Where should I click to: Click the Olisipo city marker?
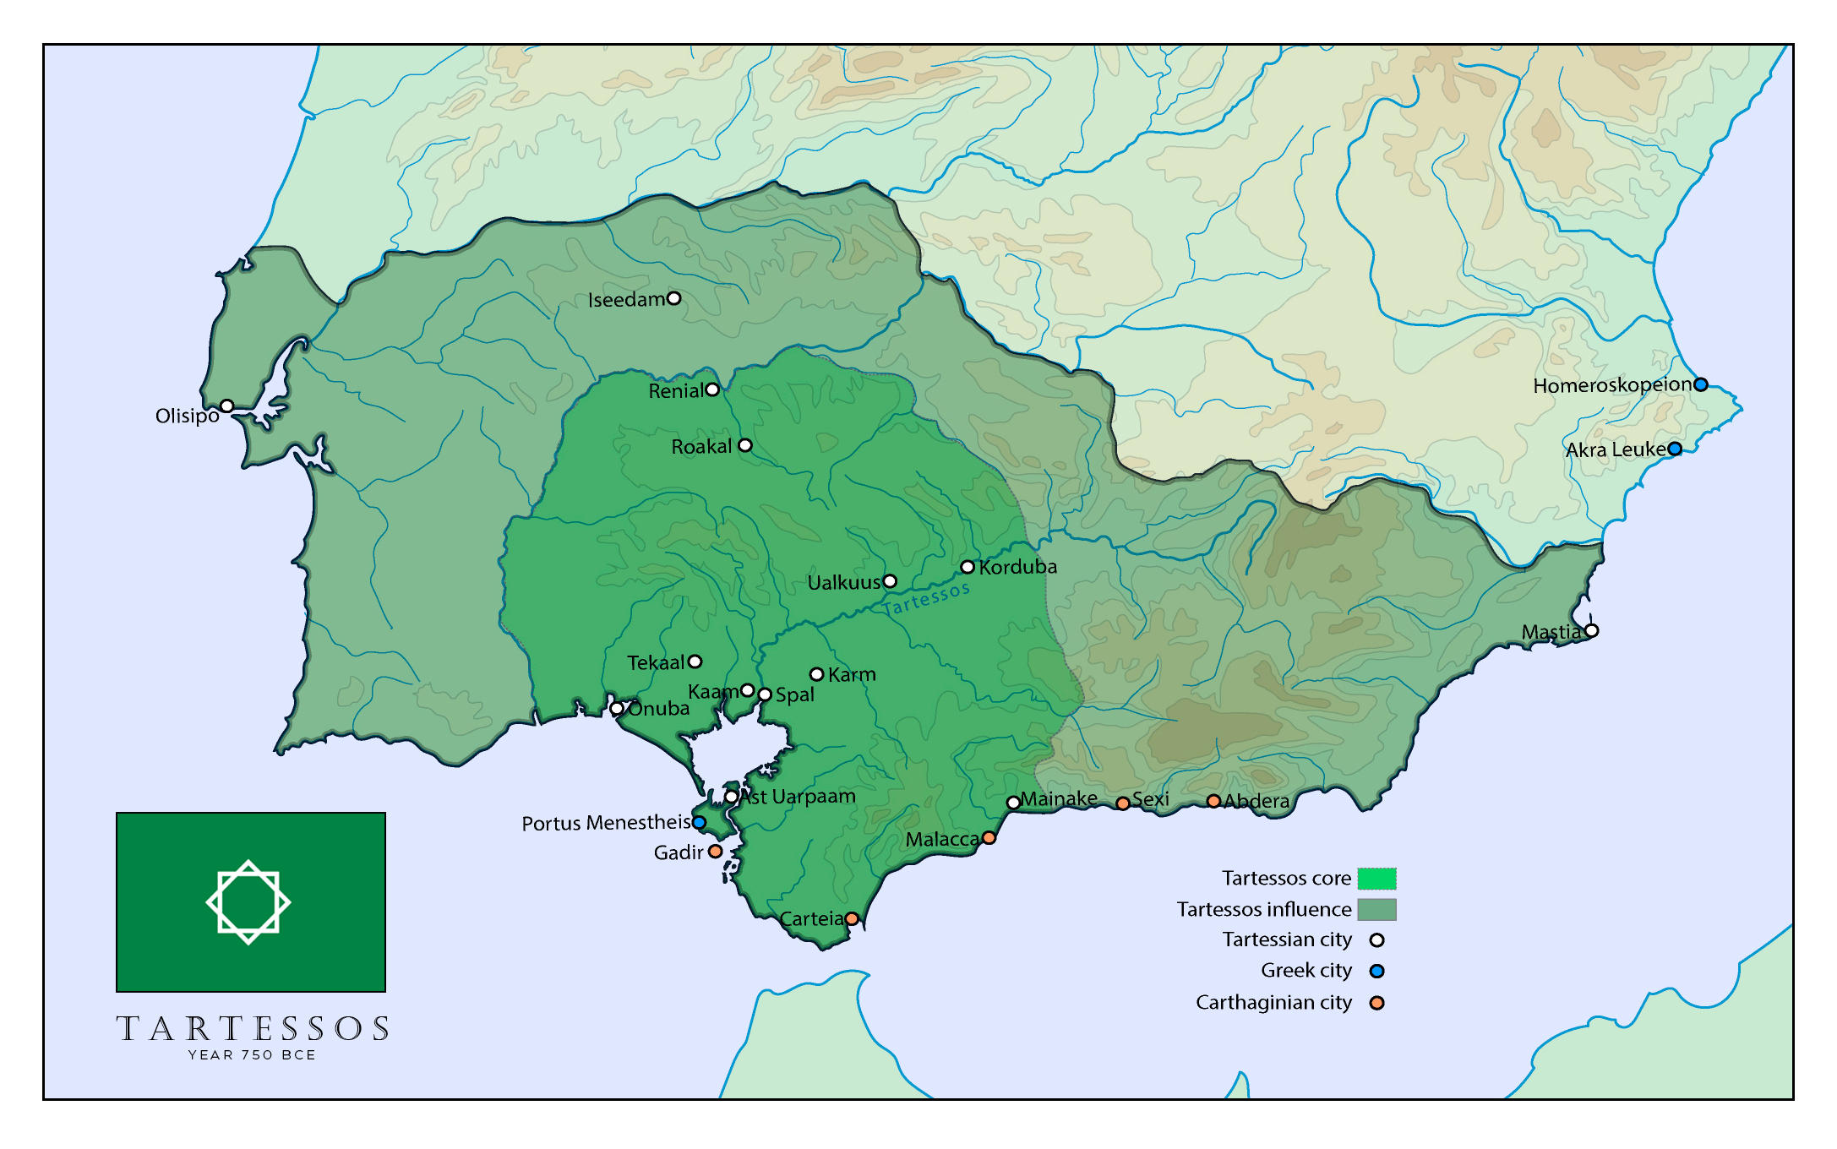(x=226, y=406)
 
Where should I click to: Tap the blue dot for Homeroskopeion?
(x=1701, y=384)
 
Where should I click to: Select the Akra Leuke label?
(x=1615, y=449)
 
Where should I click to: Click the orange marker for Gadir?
(x=715, y=851)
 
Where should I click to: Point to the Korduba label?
(x=1017, y=567)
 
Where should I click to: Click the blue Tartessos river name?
(x=926, y=598)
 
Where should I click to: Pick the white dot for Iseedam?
(x=673, y=298)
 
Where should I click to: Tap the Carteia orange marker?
(x=852, y=918)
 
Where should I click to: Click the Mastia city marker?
(x=1591, y=630)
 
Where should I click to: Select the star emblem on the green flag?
(x=248, y=902)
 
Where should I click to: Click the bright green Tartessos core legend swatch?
(x=1376, y=879)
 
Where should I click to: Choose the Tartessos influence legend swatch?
(x=1376, y=910)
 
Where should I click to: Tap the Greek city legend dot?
(x=1376, y=971)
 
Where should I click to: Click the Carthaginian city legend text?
(x=1273, y=1003)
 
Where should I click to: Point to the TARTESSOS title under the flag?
(x=252, y=1028)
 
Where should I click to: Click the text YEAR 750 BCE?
(x=252, y=1055)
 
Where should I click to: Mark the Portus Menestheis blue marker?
(x=699, y=822)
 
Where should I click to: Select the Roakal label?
(x=700, y=447)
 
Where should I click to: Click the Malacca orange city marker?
(x=989, y=837)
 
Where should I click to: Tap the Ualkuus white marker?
(x=890, y=581)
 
